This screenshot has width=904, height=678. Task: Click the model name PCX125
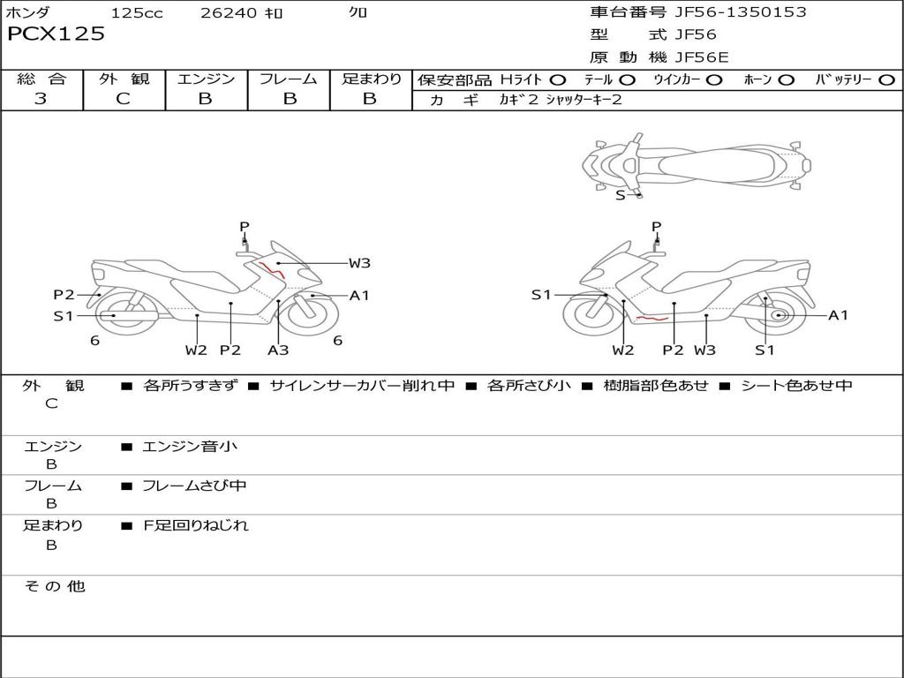click(56, 34)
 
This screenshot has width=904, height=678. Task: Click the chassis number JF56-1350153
click(741, 11)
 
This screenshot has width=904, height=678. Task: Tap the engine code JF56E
click(702, 57)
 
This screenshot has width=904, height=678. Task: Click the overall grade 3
click(41, 99)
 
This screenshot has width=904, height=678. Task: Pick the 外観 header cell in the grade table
click(124, 79)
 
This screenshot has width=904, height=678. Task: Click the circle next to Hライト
click(558, 80)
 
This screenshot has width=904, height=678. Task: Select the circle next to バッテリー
click(886, 80)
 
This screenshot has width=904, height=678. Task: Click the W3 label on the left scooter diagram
click(359, 263)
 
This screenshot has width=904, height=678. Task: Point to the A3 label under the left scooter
click(278, 350)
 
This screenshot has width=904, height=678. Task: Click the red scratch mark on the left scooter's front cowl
click(272, 270)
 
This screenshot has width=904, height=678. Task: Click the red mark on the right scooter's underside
click(652, 318)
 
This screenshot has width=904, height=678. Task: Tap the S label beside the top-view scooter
click(620, 195)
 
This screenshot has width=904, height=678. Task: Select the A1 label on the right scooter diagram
click(839, 315)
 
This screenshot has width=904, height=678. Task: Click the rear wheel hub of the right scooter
click(780, 315)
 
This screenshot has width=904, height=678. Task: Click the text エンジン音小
click(190, 446)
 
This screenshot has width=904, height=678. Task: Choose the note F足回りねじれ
click(196, 525)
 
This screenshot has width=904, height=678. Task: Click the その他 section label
click(54, 586)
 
